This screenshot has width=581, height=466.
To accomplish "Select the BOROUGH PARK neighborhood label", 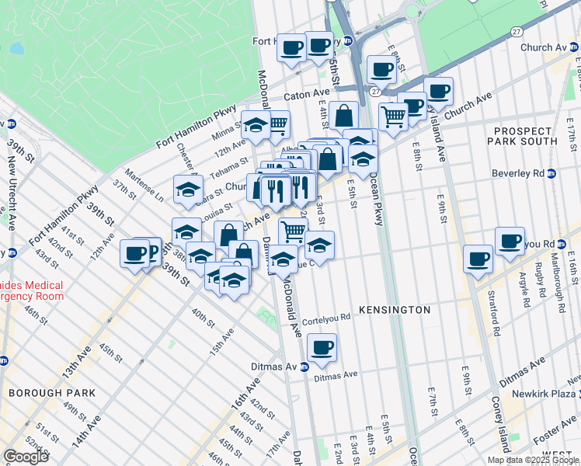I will pos(52,393).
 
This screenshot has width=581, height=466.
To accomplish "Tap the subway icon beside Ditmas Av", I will pos(305,367).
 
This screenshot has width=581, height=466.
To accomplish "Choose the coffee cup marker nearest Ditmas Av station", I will pos(321,346).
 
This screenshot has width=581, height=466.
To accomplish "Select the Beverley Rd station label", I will pos(537,175).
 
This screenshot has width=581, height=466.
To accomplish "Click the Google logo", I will pos(26,457).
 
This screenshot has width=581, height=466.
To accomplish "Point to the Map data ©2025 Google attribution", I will pos(533,460).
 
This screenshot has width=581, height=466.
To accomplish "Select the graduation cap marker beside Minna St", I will pos(255,124).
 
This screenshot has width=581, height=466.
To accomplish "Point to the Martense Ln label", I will pos(148,187).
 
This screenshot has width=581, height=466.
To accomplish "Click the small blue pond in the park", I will pos(16,49).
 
